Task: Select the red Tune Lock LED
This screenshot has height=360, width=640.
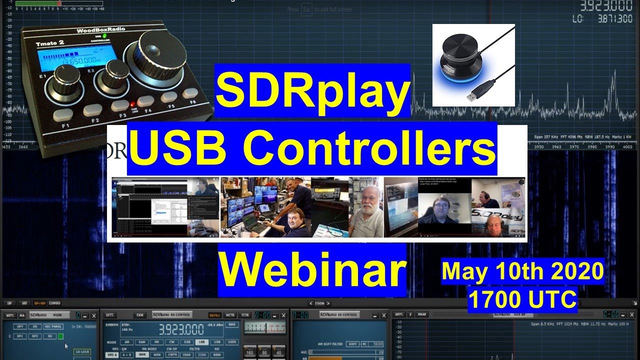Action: pos(133,105)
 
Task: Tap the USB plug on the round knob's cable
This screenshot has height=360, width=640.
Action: pos(473,96)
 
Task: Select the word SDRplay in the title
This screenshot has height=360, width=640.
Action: pos(312,90)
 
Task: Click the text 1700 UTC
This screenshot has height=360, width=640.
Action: pos(522,299)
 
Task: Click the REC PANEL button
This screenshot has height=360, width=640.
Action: pos(53,326)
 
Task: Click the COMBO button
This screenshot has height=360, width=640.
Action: pos(54,303)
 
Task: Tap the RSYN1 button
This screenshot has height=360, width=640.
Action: pos(215,315)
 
